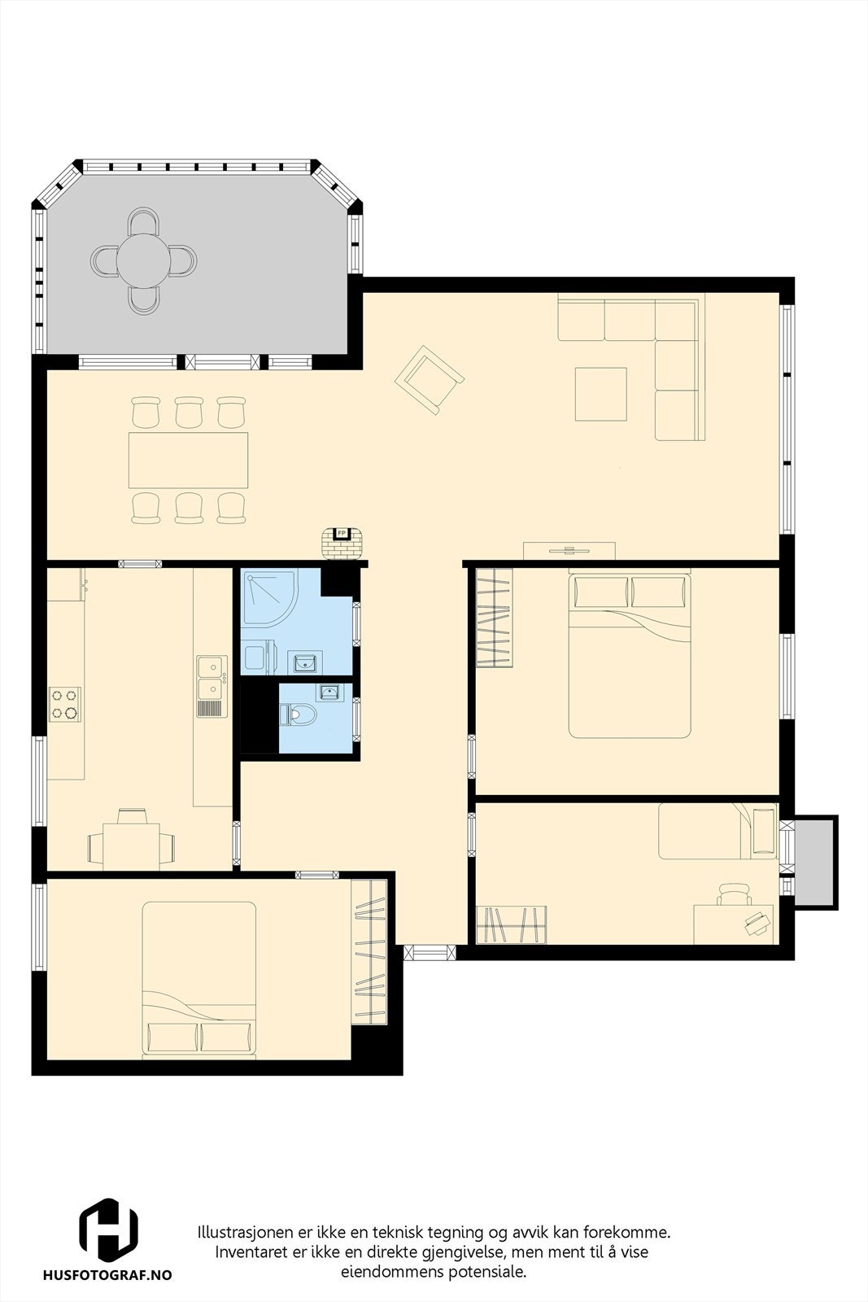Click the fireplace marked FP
point(342,542)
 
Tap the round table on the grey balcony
point(144,261)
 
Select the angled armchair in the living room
point(429,379)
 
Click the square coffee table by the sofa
point(600,394)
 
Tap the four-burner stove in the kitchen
point(64,704)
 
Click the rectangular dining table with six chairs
point(188,460)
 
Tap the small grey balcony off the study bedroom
point(814,863)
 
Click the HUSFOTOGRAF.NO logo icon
point(107,1230)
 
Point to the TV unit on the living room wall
point(569,551)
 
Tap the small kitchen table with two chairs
point(131,846)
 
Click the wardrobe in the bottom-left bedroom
point(370,952)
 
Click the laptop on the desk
point(758,921)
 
